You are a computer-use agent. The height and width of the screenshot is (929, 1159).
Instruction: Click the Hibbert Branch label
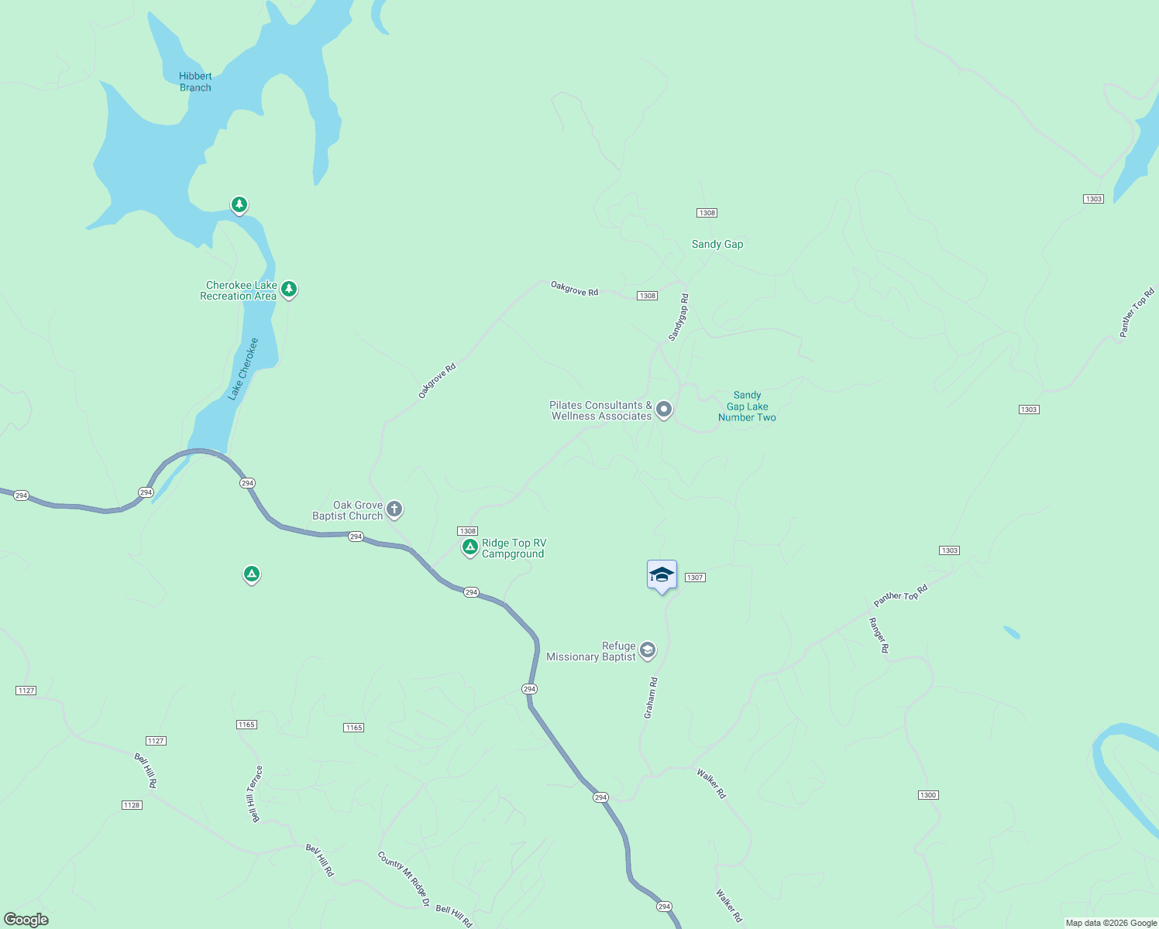pyautogui.click(x=195, y=82)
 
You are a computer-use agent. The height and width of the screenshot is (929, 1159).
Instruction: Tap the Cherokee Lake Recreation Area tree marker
pyautogui.click(x=289, y=290)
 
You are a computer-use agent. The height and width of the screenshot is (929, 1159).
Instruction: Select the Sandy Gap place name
pyautogui.click(x=717, y=245)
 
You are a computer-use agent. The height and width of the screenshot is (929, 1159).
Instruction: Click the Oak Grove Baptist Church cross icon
pyautogui.click(x=394, y=509)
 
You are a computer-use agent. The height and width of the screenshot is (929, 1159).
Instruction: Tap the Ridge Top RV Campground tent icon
pyautogui.click(x=469, y=547)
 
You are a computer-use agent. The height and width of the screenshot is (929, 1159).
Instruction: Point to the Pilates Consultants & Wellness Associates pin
pyautogui.click(x=663, y=409)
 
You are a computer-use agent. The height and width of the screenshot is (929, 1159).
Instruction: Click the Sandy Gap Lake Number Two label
pyautogui.click(x=747, y=406)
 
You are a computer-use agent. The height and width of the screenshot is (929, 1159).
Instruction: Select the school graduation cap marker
pyautogui.click(x=662, y=575)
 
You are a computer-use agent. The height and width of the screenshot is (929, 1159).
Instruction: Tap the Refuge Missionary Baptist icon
pyautogui.click(x=648, y=650)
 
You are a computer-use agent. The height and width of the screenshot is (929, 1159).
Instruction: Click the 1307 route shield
pyautogui.click(x=695, y=578)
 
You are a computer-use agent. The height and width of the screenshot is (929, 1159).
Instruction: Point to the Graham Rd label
pyautogui.click(x=651, y=698)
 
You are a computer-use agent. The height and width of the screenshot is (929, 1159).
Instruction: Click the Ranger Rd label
pyautogui.click(x=879, y=635)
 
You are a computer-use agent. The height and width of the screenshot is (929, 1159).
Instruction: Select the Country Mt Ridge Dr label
pyautogui.click(x=404, y=879)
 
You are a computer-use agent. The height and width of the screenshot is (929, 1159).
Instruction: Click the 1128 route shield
pyautogui.click(x=132, y=805)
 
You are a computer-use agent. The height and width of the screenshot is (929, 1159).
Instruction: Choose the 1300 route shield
pyautogui.click(x=928, y=795)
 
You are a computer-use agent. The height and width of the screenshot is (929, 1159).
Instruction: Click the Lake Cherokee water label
pyautogui.click(x=243, y=369)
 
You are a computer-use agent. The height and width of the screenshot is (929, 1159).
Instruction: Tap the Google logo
pyautogui.click(x=26, y=920)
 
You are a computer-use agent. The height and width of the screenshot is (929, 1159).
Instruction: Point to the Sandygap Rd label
pyautogui.click(x=679, y=317)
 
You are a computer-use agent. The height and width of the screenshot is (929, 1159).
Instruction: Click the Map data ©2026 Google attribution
pyautogui.click(x=1111, y=923)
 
